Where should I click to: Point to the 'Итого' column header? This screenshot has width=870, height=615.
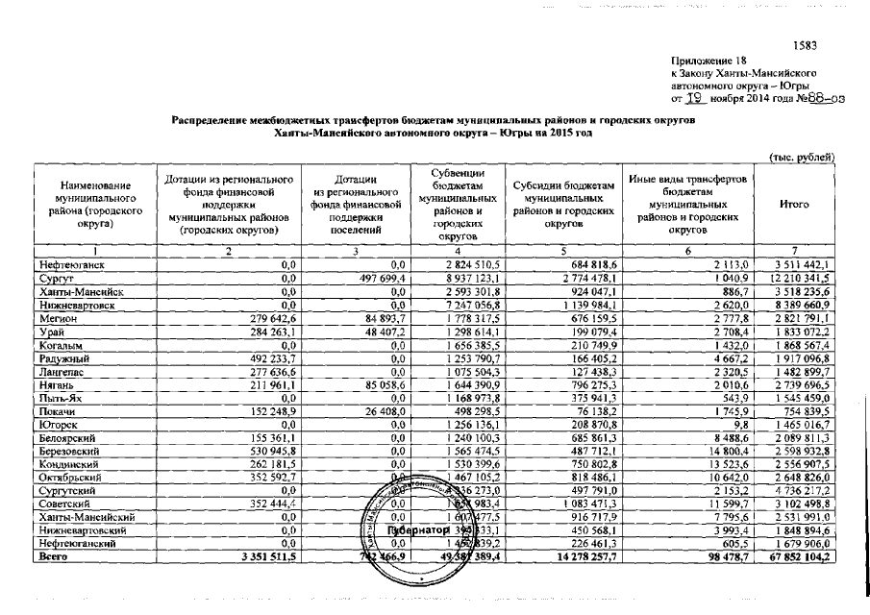794,205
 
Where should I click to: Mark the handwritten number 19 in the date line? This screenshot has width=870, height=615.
695,96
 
